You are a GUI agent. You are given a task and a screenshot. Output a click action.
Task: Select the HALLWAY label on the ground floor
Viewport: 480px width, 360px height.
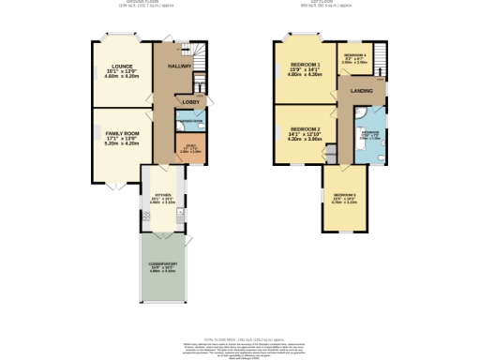[x=179, y=67]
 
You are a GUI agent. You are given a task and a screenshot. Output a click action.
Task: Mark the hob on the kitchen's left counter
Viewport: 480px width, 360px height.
[x=145, y=217]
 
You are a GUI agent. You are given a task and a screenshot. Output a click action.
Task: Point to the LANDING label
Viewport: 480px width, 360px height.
[x=361, y=91]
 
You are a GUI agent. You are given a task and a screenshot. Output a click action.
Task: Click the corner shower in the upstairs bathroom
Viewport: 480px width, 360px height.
[x=362, y=111]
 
